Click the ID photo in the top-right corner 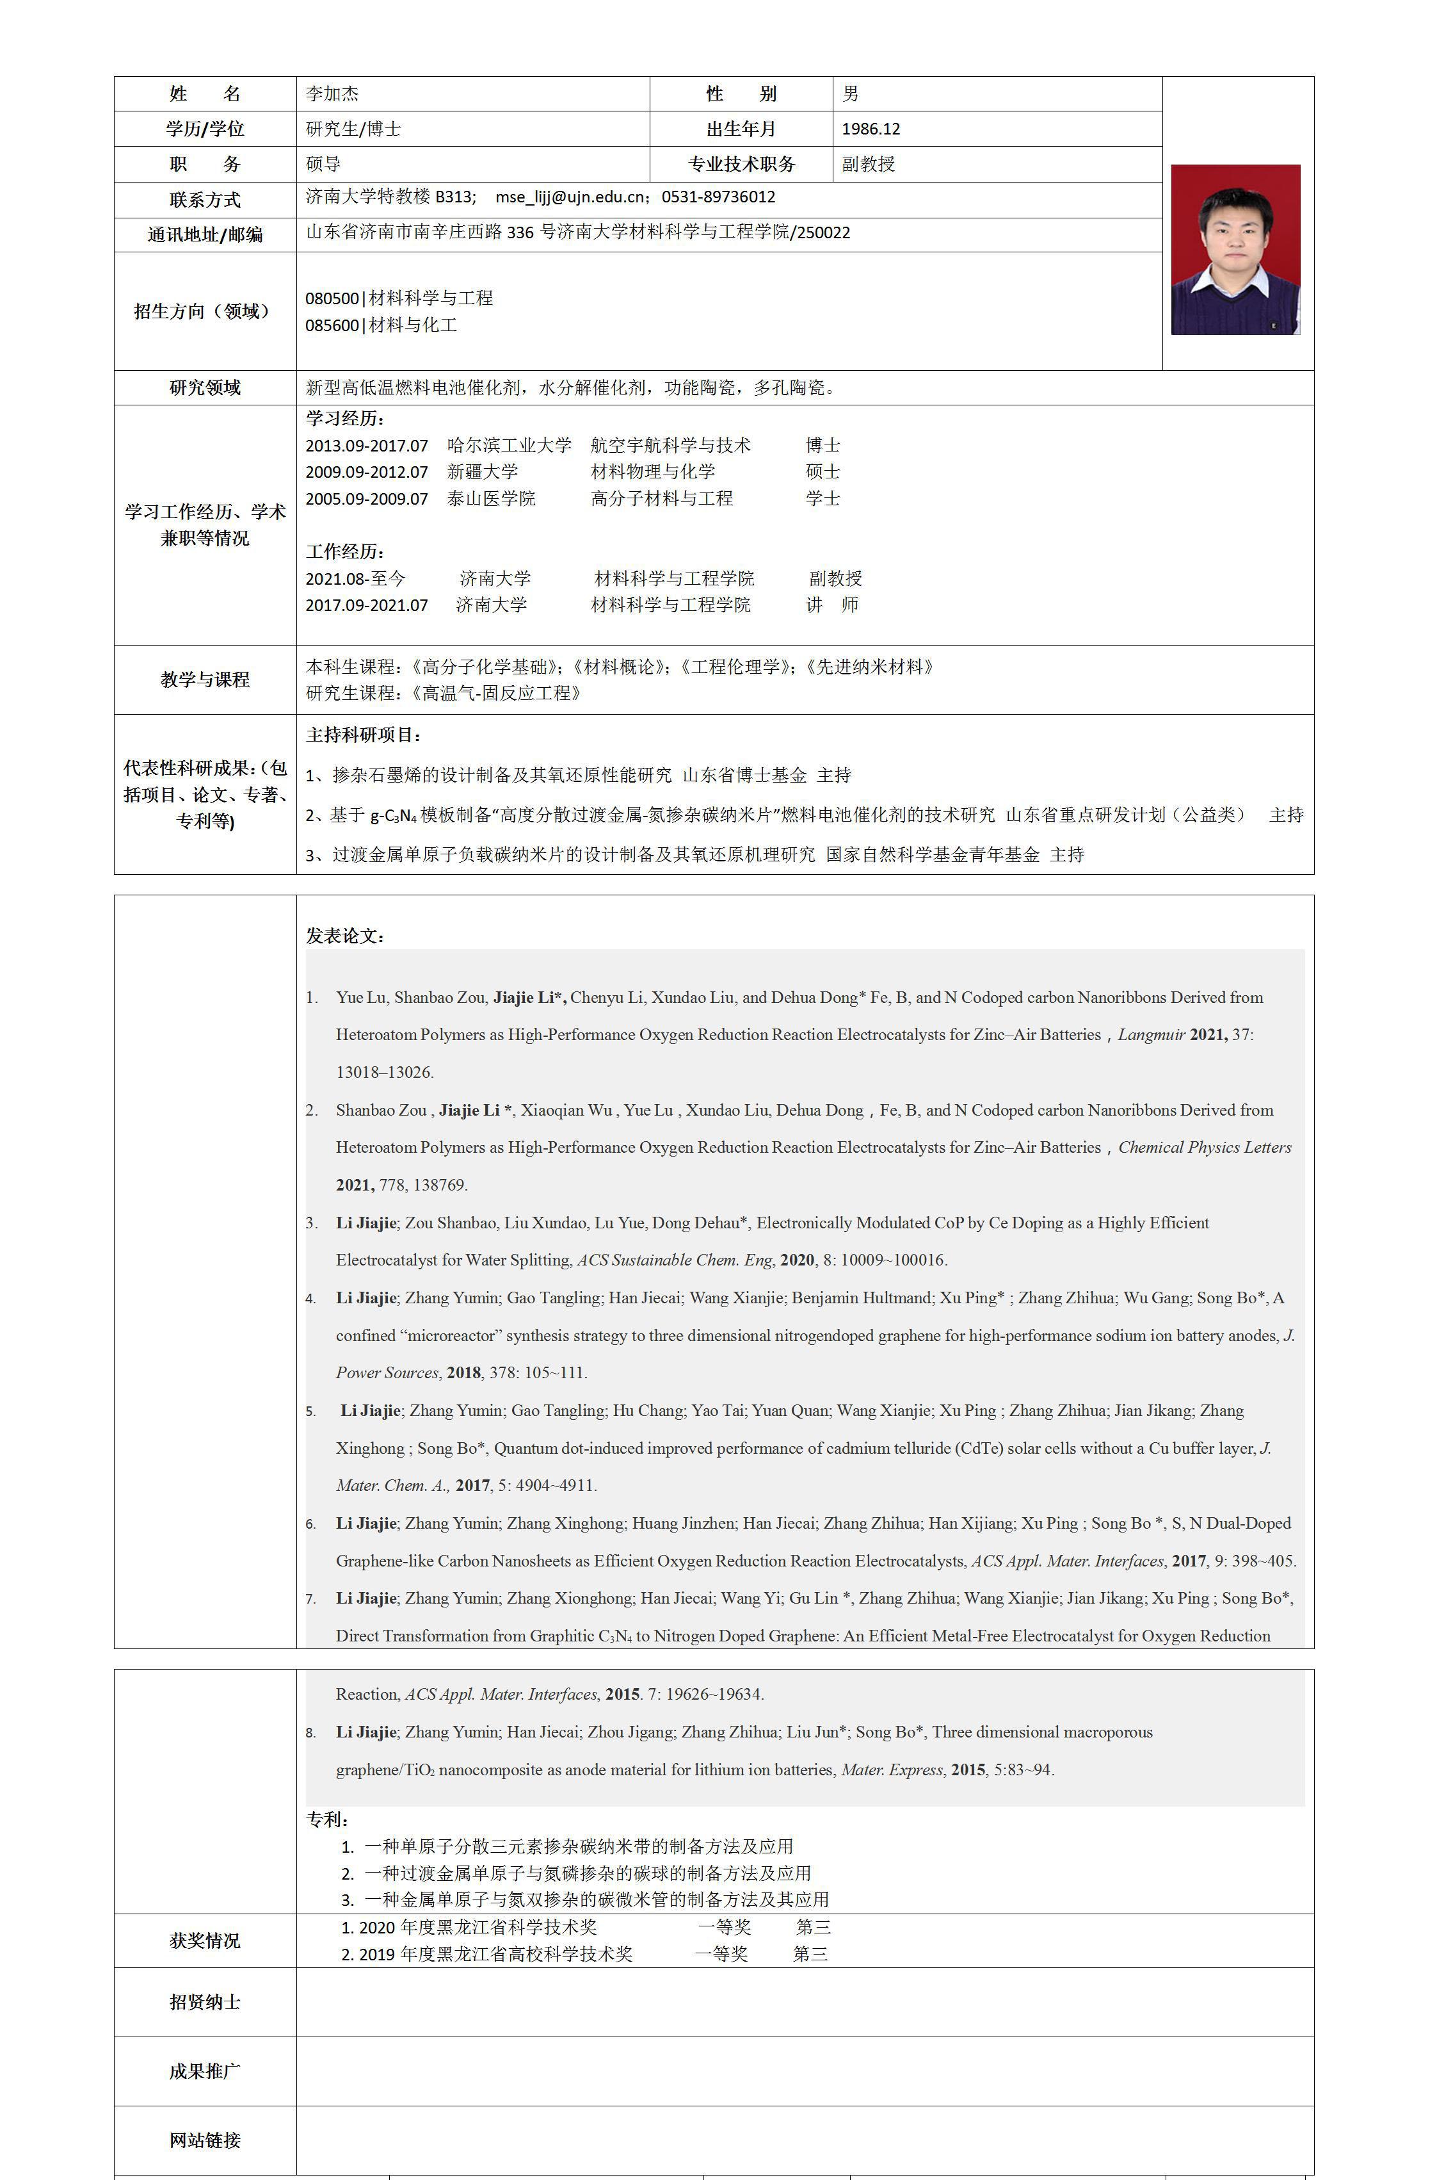coord(1235,249)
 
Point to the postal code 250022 coord(823,233)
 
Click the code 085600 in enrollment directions coord(332,325)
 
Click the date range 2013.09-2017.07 coord(367,446)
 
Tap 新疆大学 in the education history coord(482,472)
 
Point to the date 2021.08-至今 coord(356,578)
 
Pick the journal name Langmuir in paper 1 coord(1150,1035)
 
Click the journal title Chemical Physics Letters coord(1204,1148)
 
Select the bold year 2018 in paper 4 coord(463,1373)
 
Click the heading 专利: coord(327,1819)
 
